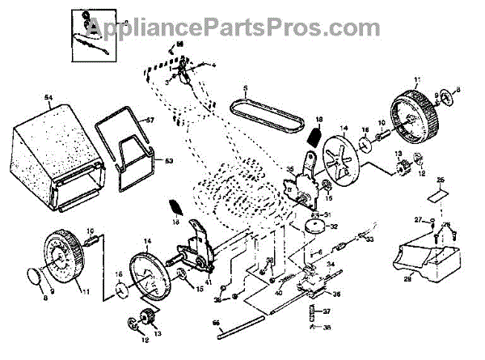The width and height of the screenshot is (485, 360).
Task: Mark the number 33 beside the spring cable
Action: point(371,240)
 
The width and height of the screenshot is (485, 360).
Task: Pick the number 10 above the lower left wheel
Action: point(90,231)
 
